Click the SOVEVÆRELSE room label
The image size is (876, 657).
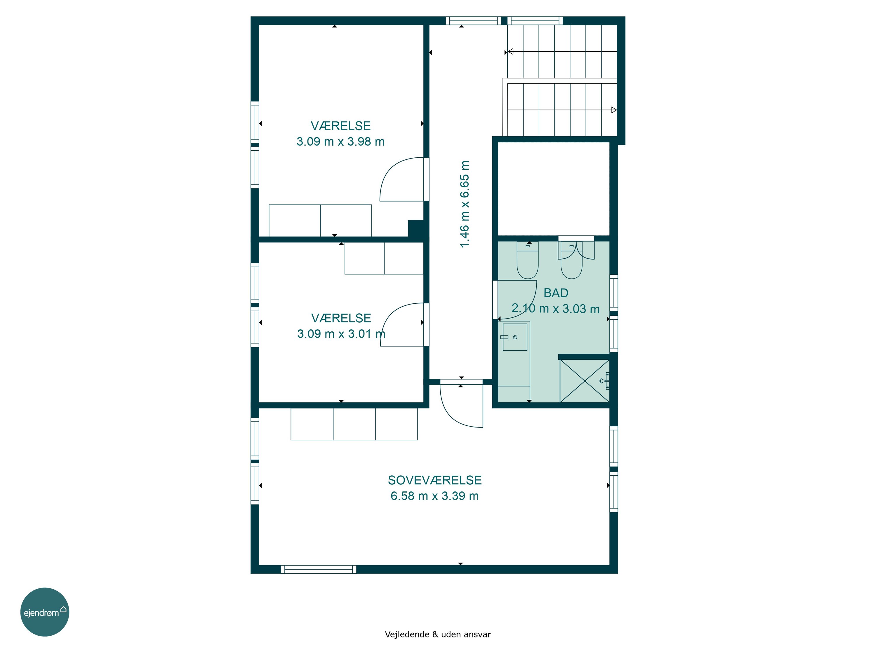click(434, 480)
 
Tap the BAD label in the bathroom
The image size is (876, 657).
click(556, 293)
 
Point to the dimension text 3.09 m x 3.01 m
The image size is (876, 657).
click(341, 334)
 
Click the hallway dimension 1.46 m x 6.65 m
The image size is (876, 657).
click(464, 204)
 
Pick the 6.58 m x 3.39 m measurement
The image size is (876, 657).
click(434, 496)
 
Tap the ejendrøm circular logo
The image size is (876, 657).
click(45, 612)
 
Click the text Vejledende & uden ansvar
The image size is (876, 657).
click(438, 635)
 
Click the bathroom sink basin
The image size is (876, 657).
click(515, 337)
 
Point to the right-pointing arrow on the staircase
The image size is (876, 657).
click(614, 110)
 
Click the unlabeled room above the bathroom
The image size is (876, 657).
click(553, 189)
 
